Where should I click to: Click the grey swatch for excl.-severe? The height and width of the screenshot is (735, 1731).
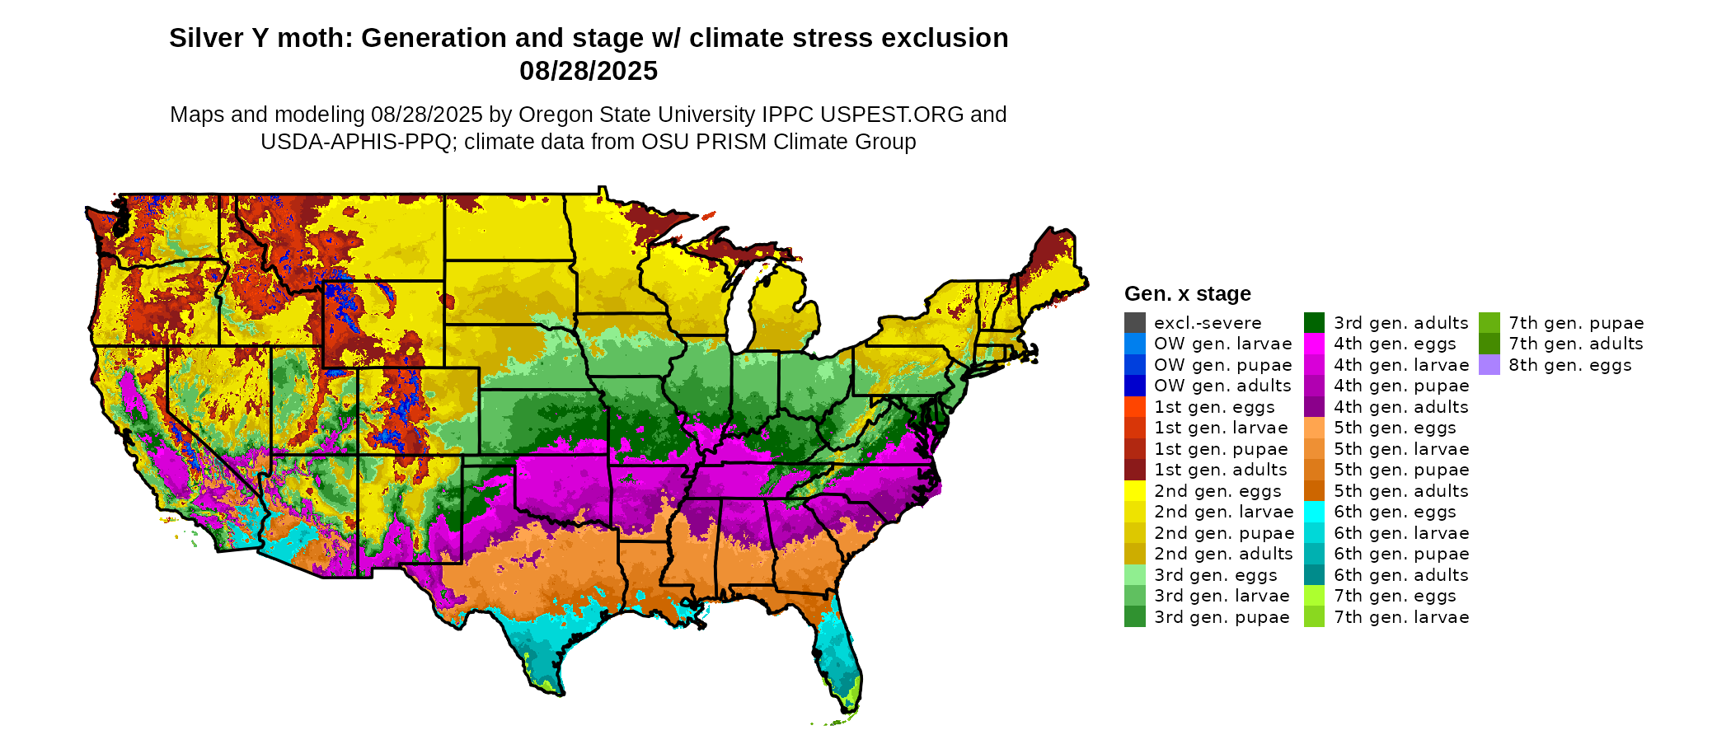(x=1134, y=322)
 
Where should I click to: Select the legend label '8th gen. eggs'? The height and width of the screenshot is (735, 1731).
(x=1569, y=365)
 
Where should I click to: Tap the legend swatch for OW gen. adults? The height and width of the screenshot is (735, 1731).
(x=1134, y=386)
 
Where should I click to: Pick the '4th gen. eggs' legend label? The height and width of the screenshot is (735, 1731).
(x=1395, y=344)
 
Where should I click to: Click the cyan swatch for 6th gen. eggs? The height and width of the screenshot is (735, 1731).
(x=1314, y=512)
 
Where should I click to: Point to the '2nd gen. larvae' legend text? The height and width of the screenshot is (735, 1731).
(x=1223, y=512)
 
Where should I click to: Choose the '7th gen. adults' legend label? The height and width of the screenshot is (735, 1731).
(x=1575, y=344)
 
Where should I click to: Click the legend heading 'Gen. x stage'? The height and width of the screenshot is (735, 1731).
(x=1187, y=293)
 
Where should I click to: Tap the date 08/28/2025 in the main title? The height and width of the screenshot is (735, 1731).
(x=588, y=71)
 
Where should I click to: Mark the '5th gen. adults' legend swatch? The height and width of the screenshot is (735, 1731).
(x=1314, y=491)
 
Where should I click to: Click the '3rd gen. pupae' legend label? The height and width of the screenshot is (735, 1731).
(x=1221, y=617)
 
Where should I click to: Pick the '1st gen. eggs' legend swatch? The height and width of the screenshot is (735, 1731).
(x=1134, y=407)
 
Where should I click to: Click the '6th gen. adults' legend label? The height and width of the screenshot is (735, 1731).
(x=1400, y=575)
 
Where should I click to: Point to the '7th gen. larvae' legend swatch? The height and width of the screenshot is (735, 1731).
(x=1314, y=617)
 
